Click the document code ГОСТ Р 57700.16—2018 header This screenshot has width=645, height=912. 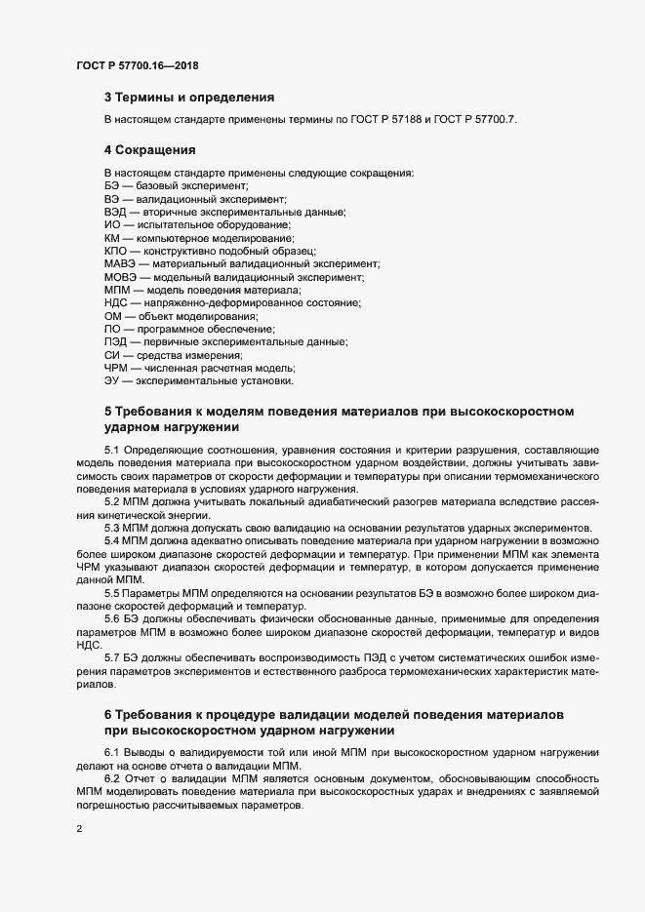tap(140, 65)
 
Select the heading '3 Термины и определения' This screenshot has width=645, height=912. tap(188, 98)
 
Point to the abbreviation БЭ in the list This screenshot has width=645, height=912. tap(112, 184)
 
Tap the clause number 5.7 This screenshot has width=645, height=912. tap(112, 659)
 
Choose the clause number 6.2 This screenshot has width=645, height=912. tap(112, 776)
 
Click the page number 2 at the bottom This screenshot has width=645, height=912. tap(79, 829)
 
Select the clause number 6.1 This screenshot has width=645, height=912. tap(112, 751)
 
